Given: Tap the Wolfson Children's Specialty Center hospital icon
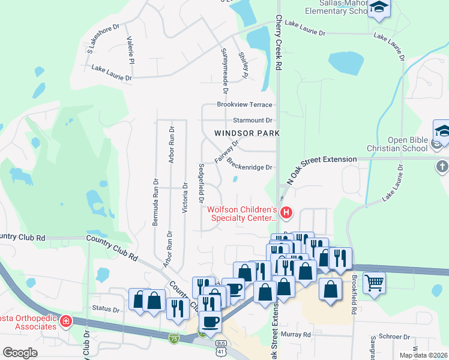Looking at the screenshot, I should coord(286,212).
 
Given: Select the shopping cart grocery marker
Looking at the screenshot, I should coord(374,282).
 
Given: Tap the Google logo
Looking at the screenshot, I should coord(20,353).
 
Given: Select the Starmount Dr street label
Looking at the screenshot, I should coord(253,120).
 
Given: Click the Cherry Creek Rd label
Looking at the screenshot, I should coord(279,46).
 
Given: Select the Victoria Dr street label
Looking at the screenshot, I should coord(185,198).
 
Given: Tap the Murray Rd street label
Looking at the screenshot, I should coord(298,334).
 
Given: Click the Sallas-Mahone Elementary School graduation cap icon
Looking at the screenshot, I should coord(379,8).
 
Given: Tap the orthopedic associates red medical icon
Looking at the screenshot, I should coord(65,323).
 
